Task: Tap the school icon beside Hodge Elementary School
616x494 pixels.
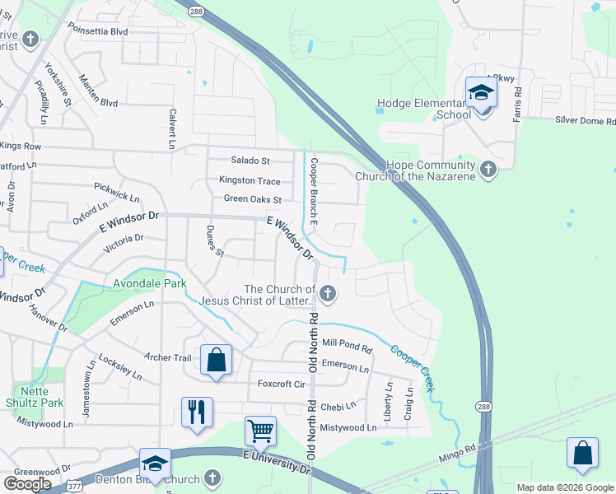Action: click(481, 94)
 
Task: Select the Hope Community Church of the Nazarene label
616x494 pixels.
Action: click(416, 170)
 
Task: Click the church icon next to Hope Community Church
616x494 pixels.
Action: click(488, 170)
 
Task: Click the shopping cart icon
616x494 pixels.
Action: click(260, 429)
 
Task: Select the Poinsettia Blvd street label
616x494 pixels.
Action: click(100, 31)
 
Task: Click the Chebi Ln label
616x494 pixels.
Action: click(338, 407)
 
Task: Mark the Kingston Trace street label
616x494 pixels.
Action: click(250, 181)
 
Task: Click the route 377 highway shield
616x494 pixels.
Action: click(74, 486)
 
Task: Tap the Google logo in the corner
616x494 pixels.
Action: click(27, 483)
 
